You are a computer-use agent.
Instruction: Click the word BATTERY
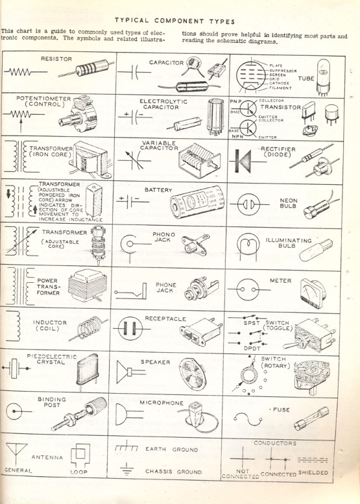coord(158,190)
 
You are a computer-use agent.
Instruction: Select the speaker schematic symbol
coord(128,374)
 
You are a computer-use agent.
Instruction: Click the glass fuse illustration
coord(311,422)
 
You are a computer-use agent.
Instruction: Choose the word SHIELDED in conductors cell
coord(313,473)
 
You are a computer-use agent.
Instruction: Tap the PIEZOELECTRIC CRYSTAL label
coord(51,359)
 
